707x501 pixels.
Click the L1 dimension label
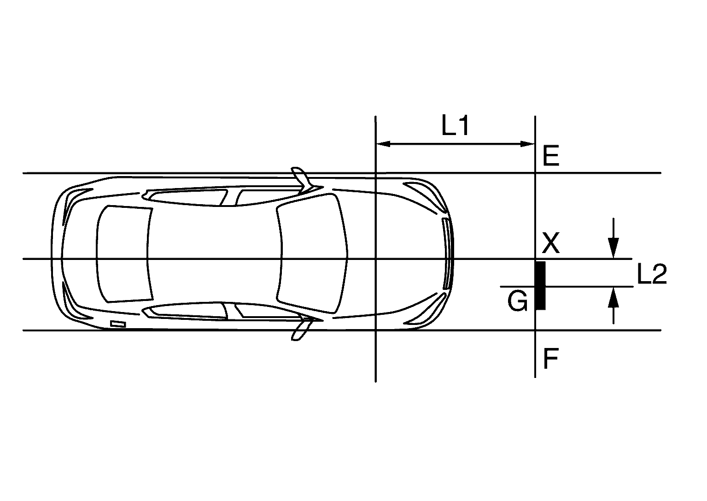click(x=455, y=125)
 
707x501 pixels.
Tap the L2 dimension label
click(x=652, y=274)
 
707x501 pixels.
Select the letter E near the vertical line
click(x=551, y=156)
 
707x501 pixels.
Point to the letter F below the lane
click(x=551, y=359)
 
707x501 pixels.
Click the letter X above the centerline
click(x=551, y=243)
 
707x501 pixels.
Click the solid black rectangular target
click(x=540, y=286)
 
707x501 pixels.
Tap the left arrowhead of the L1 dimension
click(x=383, y=144)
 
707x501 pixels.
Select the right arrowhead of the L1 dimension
click(x=527, y=144)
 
